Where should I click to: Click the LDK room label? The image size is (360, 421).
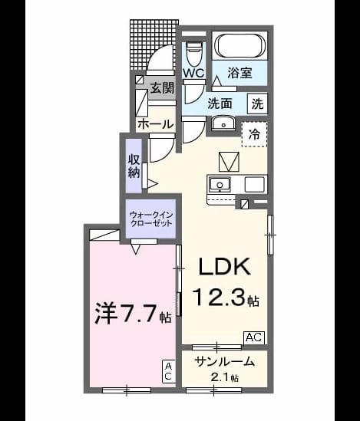coord(225,266)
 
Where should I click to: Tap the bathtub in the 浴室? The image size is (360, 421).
coord(240,45)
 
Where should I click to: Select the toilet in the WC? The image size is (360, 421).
coord(193,54)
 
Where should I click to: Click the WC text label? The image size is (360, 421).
coord(193,73)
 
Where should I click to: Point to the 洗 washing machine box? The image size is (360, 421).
coord(257,104)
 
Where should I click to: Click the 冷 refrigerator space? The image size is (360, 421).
coord(254,134)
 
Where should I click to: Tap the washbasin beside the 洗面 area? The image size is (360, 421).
coord(223,123)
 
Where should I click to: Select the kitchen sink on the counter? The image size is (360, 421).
coord(220,185)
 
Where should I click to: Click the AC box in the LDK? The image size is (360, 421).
coord(254,337)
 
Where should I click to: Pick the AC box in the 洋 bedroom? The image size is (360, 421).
coord(168,371)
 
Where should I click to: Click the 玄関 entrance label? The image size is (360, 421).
coord(162,87)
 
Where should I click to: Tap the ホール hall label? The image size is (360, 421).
coord(155,124)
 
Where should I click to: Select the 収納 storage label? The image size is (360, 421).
coord(134,166)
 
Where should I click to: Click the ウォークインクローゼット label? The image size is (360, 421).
coord(150,219)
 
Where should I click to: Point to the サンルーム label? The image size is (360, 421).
coord(225,362)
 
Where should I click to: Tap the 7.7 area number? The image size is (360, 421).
coord(139,314)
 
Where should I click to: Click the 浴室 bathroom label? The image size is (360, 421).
coord(240,73)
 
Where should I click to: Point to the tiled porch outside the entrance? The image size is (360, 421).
coord(154,44)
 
